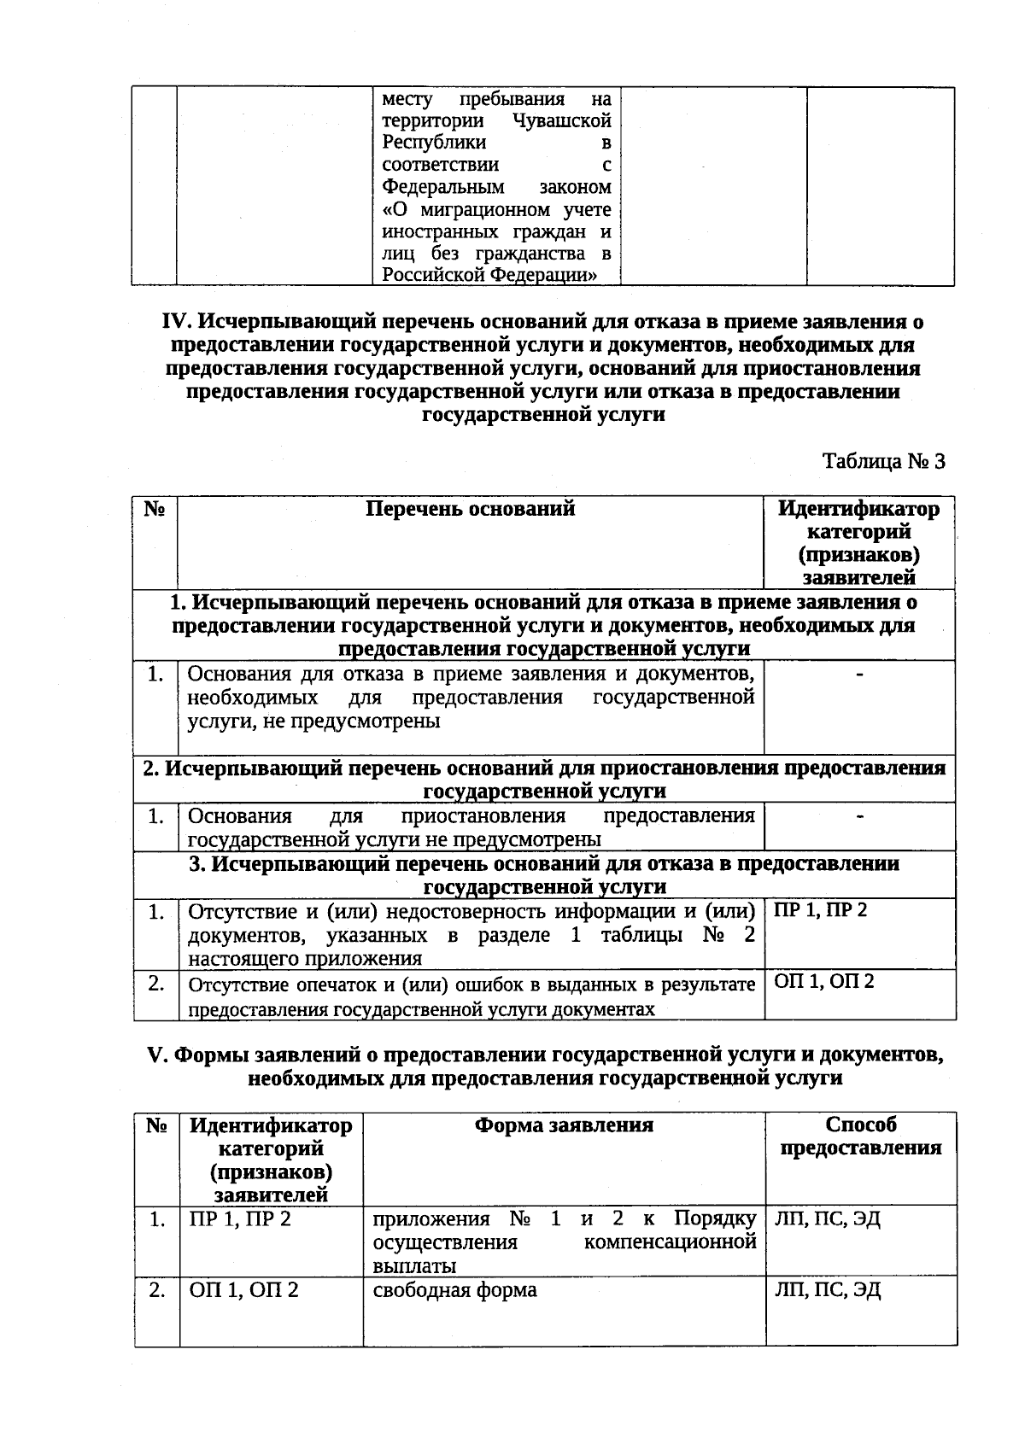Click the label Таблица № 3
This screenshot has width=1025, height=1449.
[x=883, y=462]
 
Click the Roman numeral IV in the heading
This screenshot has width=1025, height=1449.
[x=177, y=322]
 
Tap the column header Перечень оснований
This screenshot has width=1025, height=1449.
[x=470, y=509]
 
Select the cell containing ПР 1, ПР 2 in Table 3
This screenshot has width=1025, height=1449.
[x=820, y=910]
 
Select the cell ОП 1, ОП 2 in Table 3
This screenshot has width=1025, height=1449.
[x=823, y=981]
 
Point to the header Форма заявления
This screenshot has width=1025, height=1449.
[x=564, y=1125]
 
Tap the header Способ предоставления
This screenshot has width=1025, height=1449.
[x=860, y=1136]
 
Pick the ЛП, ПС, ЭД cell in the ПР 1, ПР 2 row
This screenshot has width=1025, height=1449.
[x=827, y=1218]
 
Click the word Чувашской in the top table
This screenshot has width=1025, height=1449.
[x=563, y=120]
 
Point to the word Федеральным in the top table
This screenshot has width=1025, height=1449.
[x=442, y=187]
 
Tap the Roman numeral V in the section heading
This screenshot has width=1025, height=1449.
[x=155, y=1055]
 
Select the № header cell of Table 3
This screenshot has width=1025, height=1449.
[x=154, y=510]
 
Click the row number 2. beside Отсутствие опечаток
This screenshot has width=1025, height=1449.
[x=155, y=984]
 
